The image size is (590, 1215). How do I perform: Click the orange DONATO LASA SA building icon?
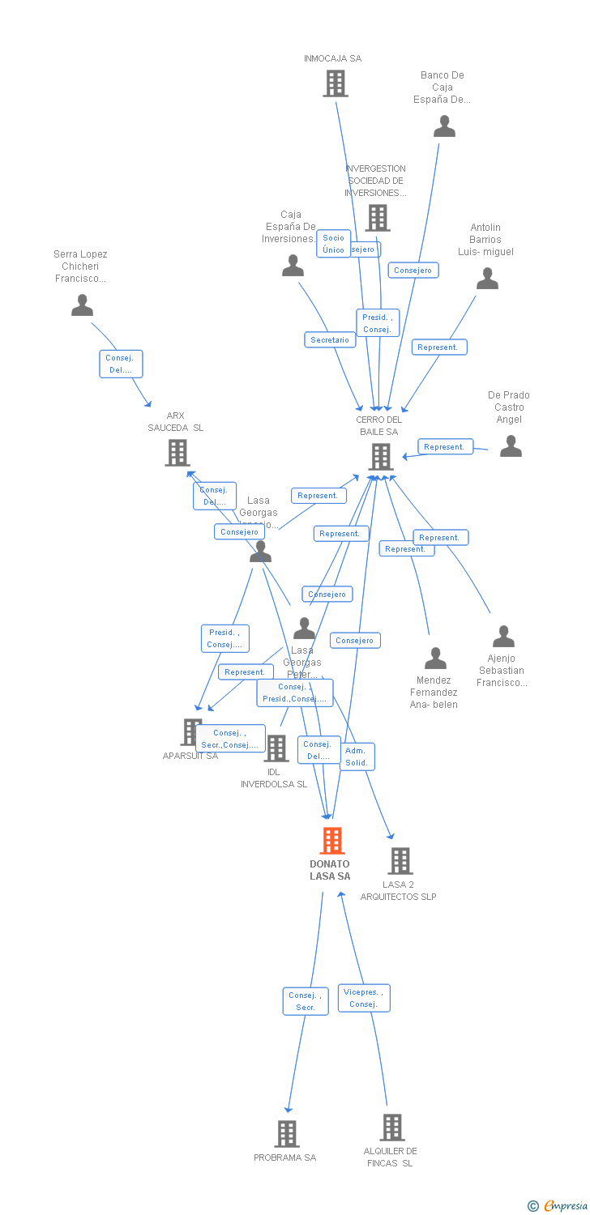[x=331, y=841]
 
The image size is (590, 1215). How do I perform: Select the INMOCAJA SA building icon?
[x=335, y=83]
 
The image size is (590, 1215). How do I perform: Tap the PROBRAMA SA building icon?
[x=287, y=1133]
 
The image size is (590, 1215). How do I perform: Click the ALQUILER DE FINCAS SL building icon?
[x=392, y=1127]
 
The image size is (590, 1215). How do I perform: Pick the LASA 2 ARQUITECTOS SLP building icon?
[x=400, y=860]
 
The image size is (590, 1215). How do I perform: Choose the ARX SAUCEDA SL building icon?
[x=177, y=453]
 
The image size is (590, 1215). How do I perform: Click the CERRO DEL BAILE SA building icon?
[x=380, y=457]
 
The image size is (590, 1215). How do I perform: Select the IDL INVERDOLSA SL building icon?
[x=276, y=748]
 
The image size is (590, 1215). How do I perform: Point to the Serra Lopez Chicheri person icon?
[x=82, y=305]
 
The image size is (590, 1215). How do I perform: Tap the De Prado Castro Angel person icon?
[x=511, y=446]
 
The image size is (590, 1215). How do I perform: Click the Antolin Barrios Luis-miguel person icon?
[x=487, y=279]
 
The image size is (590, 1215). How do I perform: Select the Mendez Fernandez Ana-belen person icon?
[x=435, y=658]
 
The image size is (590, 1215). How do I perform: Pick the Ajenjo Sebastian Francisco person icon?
[x=503, y=637]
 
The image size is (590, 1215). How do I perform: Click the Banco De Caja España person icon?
[x=444, y=126]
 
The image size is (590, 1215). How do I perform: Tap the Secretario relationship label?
[x=330, y=340]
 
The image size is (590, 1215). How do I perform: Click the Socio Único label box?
[x=333, y=244]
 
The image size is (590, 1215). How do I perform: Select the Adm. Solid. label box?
[x=357, y=757]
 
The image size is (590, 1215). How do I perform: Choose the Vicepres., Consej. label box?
[x=364, y=998]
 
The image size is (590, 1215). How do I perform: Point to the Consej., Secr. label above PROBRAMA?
[x=306, y=1001]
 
